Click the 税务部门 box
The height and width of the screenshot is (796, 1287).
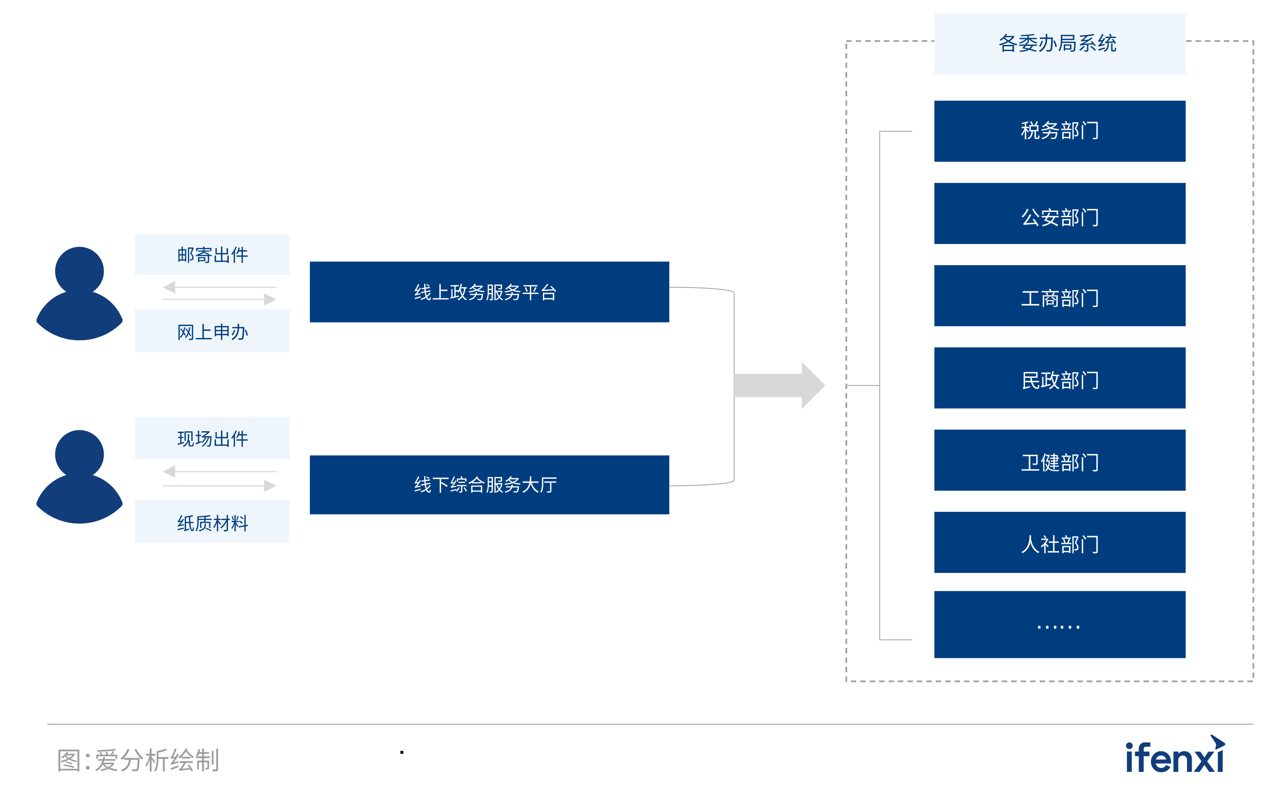1059,131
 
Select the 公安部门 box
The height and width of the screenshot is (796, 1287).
1059,214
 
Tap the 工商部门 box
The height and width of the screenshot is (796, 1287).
1059,296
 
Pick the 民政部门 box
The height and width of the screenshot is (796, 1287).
1059,378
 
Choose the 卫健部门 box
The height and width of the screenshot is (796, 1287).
1059,460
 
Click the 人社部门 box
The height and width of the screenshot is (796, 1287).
1059,542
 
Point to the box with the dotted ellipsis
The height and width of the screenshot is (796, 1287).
1059,624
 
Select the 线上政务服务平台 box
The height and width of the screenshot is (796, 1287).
489,292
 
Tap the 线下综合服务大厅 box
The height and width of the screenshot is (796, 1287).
489,485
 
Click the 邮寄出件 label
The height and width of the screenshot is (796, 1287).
212,255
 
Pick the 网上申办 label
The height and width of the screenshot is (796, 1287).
212,331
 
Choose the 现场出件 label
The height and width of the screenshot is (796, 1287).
212,438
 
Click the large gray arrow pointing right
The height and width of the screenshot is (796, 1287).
779,385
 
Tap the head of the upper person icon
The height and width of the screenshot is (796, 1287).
79,271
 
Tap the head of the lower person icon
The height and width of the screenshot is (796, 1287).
79,454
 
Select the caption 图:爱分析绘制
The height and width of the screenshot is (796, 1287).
138,760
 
